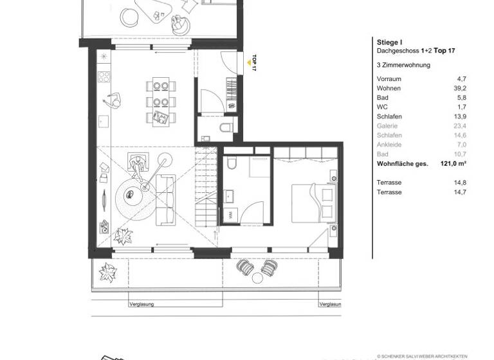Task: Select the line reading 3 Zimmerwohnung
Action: click(x=403, y=65)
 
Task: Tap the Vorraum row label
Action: click(x=388, y=79)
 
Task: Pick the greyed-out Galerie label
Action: click(x=387, y=127)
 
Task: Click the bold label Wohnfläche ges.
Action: click(x=402, y=164)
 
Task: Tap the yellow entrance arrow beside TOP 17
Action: click(x=248, y=63)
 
